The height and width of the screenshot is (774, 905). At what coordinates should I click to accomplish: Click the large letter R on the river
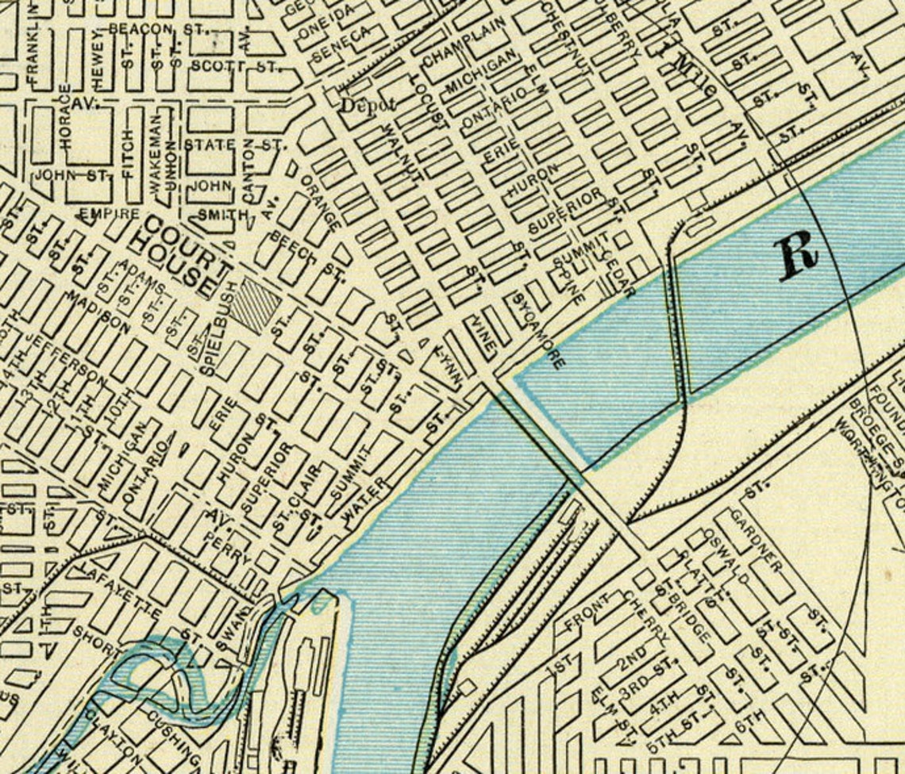pyautogui.click(x=798, y=255)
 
